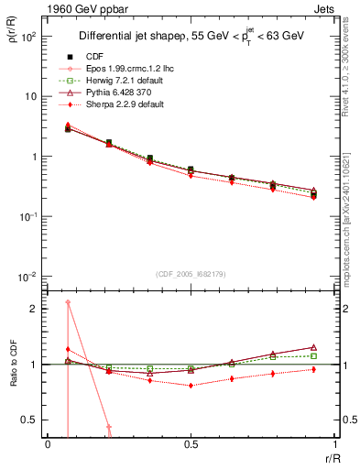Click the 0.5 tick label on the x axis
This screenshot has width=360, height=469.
(x=191, y=445)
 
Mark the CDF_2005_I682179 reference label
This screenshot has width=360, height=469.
(x=190, y=273)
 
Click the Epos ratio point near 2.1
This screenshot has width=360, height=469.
(x=68, y=302)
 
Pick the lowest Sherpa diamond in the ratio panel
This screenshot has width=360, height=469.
(x=191, y=386)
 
